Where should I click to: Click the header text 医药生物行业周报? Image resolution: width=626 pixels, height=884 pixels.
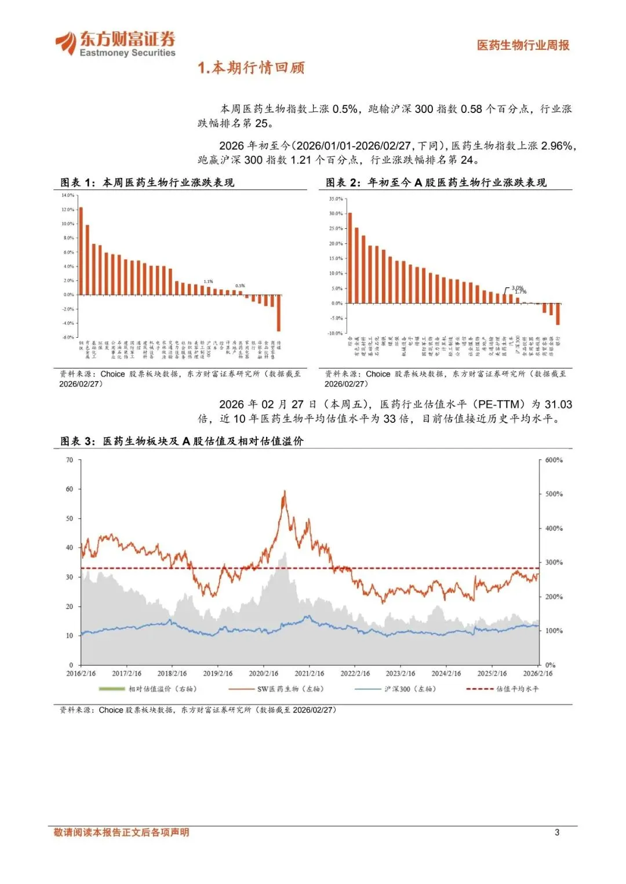(523, 45)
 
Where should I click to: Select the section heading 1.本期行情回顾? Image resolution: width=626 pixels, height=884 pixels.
(251, 68)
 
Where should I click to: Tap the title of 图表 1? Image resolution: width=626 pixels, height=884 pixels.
(147, 182)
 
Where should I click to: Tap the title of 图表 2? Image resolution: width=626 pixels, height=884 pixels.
(436, 182)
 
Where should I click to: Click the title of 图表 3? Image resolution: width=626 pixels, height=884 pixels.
(182, 441)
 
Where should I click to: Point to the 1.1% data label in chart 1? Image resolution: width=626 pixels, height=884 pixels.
(208, 282)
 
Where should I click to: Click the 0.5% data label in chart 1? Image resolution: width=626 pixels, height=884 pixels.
(240, 286)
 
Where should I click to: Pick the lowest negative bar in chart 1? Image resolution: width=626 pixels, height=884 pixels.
(279, 313)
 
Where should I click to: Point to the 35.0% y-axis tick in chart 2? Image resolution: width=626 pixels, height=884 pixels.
(336, 199)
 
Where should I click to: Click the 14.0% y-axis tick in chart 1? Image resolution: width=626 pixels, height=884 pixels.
(68, 195)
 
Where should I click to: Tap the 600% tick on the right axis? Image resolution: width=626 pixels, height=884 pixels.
(554, 460)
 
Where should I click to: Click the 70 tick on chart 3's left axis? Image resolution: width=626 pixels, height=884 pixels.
(70, 460)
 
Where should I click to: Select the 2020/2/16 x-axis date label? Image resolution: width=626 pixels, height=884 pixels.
(264, 673)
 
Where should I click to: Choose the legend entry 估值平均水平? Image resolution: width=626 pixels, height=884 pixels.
(503, 689)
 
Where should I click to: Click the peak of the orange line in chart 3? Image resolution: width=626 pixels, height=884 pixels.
(285, 491)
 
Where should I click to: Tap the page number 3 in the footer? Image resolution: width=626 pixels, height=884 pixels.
(557, 832)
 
